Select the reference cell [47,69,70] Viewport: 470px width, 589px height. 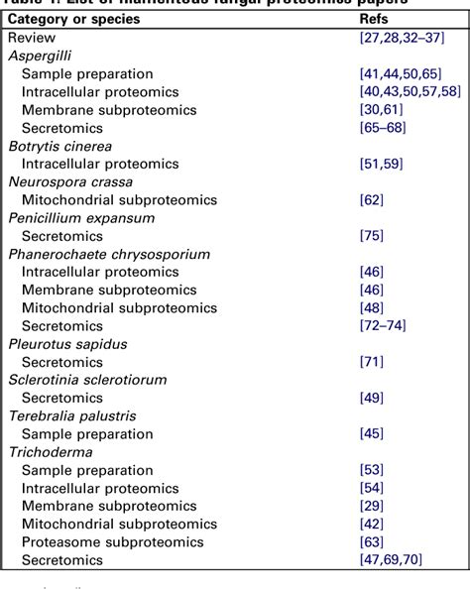(392, 560)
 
